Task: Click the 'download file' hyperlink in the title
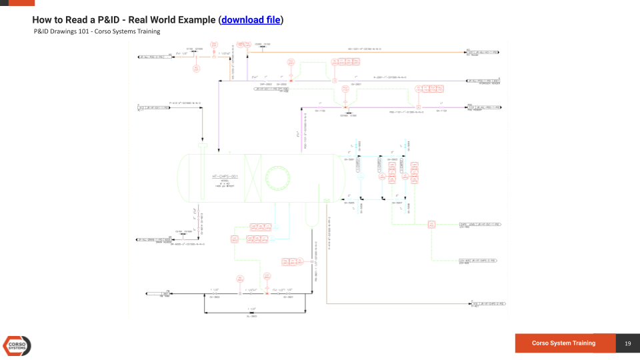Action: (251, 20)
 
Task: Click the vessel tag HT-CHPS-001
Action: (225, 176)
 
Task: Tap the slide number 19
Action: (627, 343)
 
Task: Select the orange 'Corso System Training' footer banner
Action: (564, 343)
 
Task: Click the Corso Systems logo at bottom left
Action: (17, 345)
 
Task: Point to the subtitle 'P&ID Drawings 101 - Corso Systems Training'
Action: (97, 31)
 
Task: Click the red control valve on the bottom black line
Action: (266, 292)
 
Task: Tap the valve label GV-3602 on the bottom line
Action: (215, 297)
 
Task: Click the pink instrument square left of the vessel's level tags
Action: (235, 238)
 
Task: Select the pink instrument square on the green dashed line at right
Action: (431, 225)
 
